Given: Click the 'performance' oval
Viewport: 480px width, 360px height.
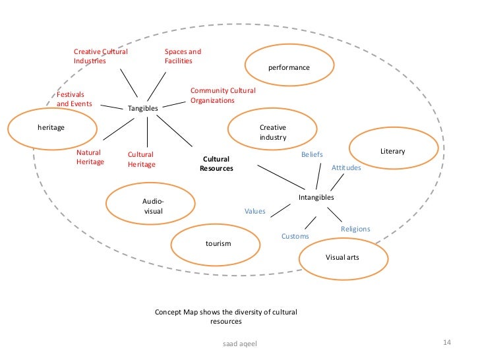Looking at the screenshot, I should click(288, 63).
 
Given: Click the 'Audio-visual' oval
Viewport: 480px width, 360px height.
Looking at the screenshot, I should click(153, 206).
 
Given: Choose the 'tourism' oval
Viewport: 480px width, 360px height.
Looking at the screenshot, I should click(218, 244).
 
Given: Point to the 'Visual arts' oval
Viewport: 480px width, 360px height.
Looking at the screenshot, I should click(342, 257).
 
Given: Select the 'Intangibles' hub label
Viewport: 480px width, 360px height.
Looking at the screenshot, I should click(316, 197).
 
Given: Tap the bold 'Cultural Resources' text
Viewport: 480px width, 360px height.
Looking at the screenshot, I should click(216, 164).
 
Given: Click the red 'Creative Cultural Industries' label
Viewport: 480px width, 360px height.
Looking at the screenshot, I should click(100, 56).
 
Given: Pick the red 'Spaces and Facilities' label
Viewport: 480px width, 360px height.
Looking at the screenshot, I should click(183, 56).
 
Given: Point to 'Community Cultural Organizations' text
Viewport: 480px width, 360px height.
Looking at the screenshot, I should click(222, 95).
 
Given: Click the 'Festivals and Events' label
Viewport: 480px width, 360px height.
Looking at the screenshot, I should click(74, 99).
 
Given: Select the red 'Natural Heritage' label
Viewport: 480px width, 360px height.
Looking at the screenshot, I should click(90, 157).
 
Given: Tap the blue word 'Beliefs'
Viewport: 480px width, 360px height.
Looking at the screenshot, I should click(312, 154).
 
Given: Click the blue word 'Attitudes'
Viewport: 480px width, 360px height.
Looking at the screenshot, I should click(346, 168).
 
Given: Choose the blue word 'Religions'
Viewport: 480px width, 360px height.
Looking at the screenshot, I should click(355, 229).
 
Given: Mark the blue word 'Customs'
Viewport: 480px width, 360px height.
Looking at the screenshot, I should click(295, 236).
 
